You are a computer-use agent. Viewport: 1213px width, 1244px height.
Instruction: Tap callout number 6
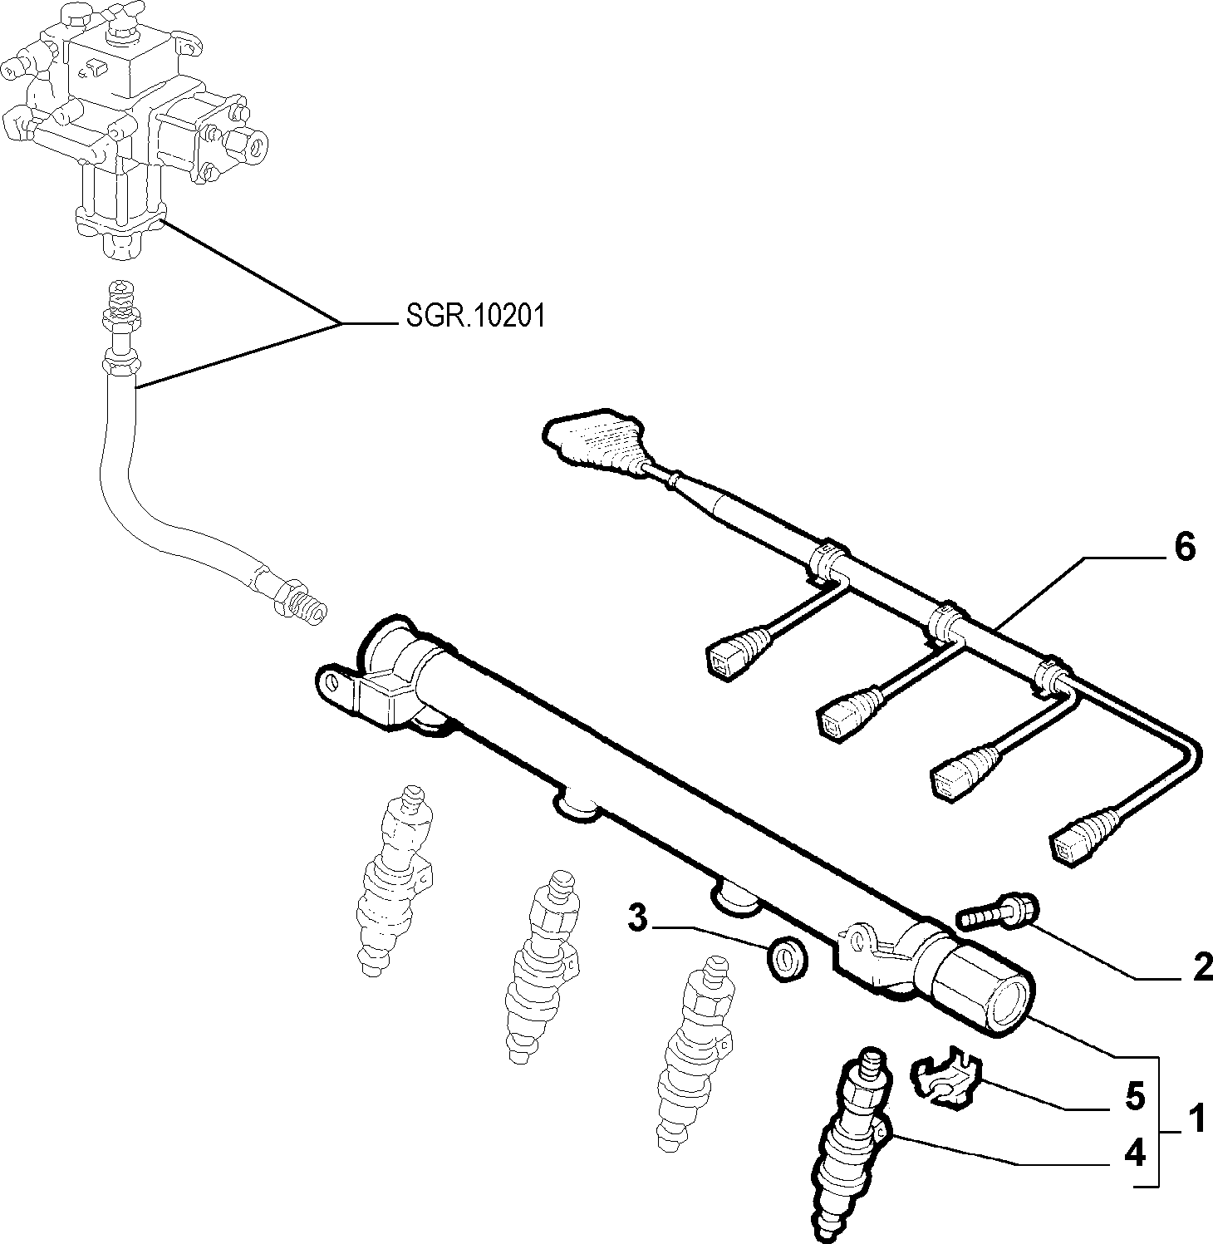[x=1184, y=548]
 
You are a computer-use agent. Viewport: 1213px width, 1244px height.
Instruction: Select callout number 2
[x=1201, y=967]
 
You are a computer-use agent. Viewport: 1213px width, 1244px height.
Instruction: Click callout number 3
[x=636, y=919]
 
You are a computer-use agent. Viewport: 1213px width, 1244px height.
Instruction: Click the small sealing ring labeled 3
[x=784, y=960]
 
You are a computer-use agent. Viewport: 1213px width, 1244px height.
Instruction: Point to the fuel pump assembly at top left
[x=133, y=125]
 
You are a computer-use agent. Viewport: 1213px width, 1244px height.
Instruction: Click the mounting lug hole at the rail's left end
[x=333, y=681]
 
